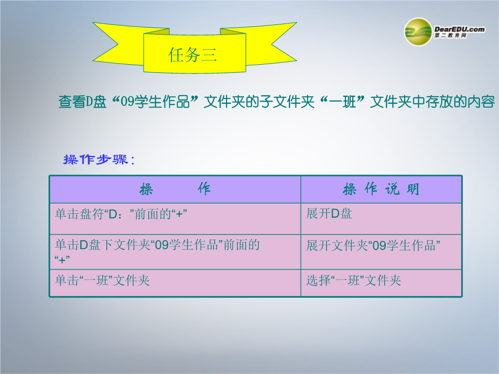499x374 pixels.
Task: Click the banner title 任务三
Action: pos(193,54)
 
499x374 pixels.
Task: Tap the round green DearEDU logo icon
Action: pos(418,32)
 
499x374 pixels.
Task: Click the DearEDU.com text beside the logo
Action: pos(460,29)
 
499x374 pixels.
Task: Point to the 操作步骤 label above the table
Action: pos(99,159)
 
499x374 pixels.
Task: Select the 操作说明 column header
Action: pos(381,189)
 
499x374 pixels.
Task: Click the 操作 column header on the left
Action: pos(175,189)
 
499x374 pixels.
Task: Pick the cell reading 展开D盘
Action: pos(329,213)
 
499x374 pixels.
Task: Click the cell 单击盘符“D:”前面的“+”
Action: pos(121,214)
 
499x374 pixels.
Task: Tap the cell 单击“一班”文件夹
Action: pos(102,280)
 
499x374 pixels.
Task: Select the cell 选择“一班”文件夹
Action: pos(353,280)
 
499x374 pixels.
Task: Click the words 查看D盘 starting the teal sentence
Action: pos(82,102)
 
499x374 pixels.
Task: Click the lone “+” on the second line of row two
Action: pos(62,260)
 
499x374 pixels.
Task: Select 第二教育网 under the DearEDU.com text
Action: pos(450,36)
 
